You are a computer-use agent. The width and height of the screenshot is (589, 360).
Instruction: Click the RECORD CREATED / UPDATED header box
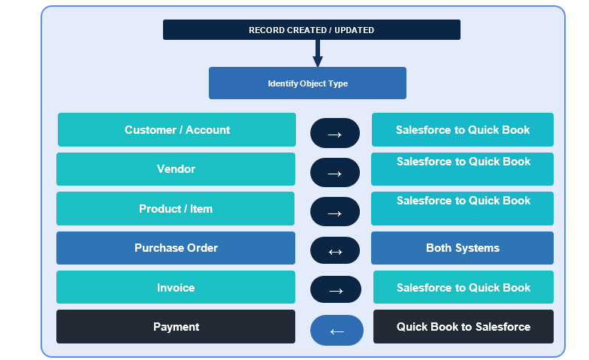[x=311, y=30]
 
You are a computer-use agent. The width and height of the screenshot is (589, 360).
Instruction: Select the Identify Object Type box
[x=307, y=83]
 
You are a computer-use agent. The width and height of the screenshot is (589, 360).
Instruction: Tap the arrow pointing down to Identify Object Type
[x=318, y=53]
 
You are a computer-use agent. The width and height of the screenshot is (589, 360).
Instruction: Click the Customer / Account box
[x=177, y=129]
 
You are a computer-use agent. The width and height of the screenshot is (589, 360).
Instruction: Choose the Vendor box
[x=176, y=169]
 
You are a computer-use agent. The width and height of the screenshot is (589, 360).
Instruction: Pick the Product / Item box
[x=176, y=209]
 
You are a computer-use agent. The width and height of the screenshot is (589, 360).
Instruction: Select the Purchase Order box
[x=176, y=248]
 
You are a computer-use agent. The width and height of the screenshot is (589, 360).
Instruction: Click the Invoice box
[x=176, y=287]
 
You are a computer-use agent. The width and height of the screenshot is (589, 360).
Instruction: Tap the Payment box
[x=176, y=326]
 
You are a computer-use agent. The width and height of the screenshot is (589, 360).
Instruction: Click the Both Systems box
[x=463, y=248]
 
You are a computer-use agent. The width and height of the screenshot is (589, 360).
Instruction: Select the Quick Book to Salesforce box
[x=464, y=326]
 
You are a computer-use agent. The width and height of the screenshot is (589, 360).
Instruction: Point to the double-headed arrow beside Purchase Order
[x=335, y=252]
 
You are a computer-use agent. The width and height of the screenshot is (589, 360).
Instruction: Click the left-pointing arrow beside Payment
[x=337, y=331]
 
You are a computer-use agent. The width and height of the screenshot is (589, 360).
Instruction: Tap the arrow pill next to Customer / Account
[x=335, y=133]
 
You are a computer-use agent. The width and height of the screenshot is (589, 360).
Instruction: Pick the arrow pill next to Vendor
[x=335, y=173]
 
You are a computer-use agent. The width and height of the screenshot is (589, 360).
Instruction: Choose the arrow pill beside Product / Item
[x=335, y=212]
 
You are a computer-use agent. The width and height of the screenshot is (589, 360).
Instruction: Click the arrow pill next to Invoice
[x=336, y=289]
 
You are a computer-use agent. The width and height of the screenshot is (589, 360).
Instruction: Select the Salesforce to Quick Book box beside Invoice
[x=464, y=287]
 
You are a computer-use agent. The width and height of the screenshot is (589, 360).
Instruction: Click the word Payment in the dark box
[x=176, y=327]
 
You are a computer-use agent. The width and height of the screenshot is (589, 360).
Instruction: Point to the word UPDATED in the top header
[x=355, y=30]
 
